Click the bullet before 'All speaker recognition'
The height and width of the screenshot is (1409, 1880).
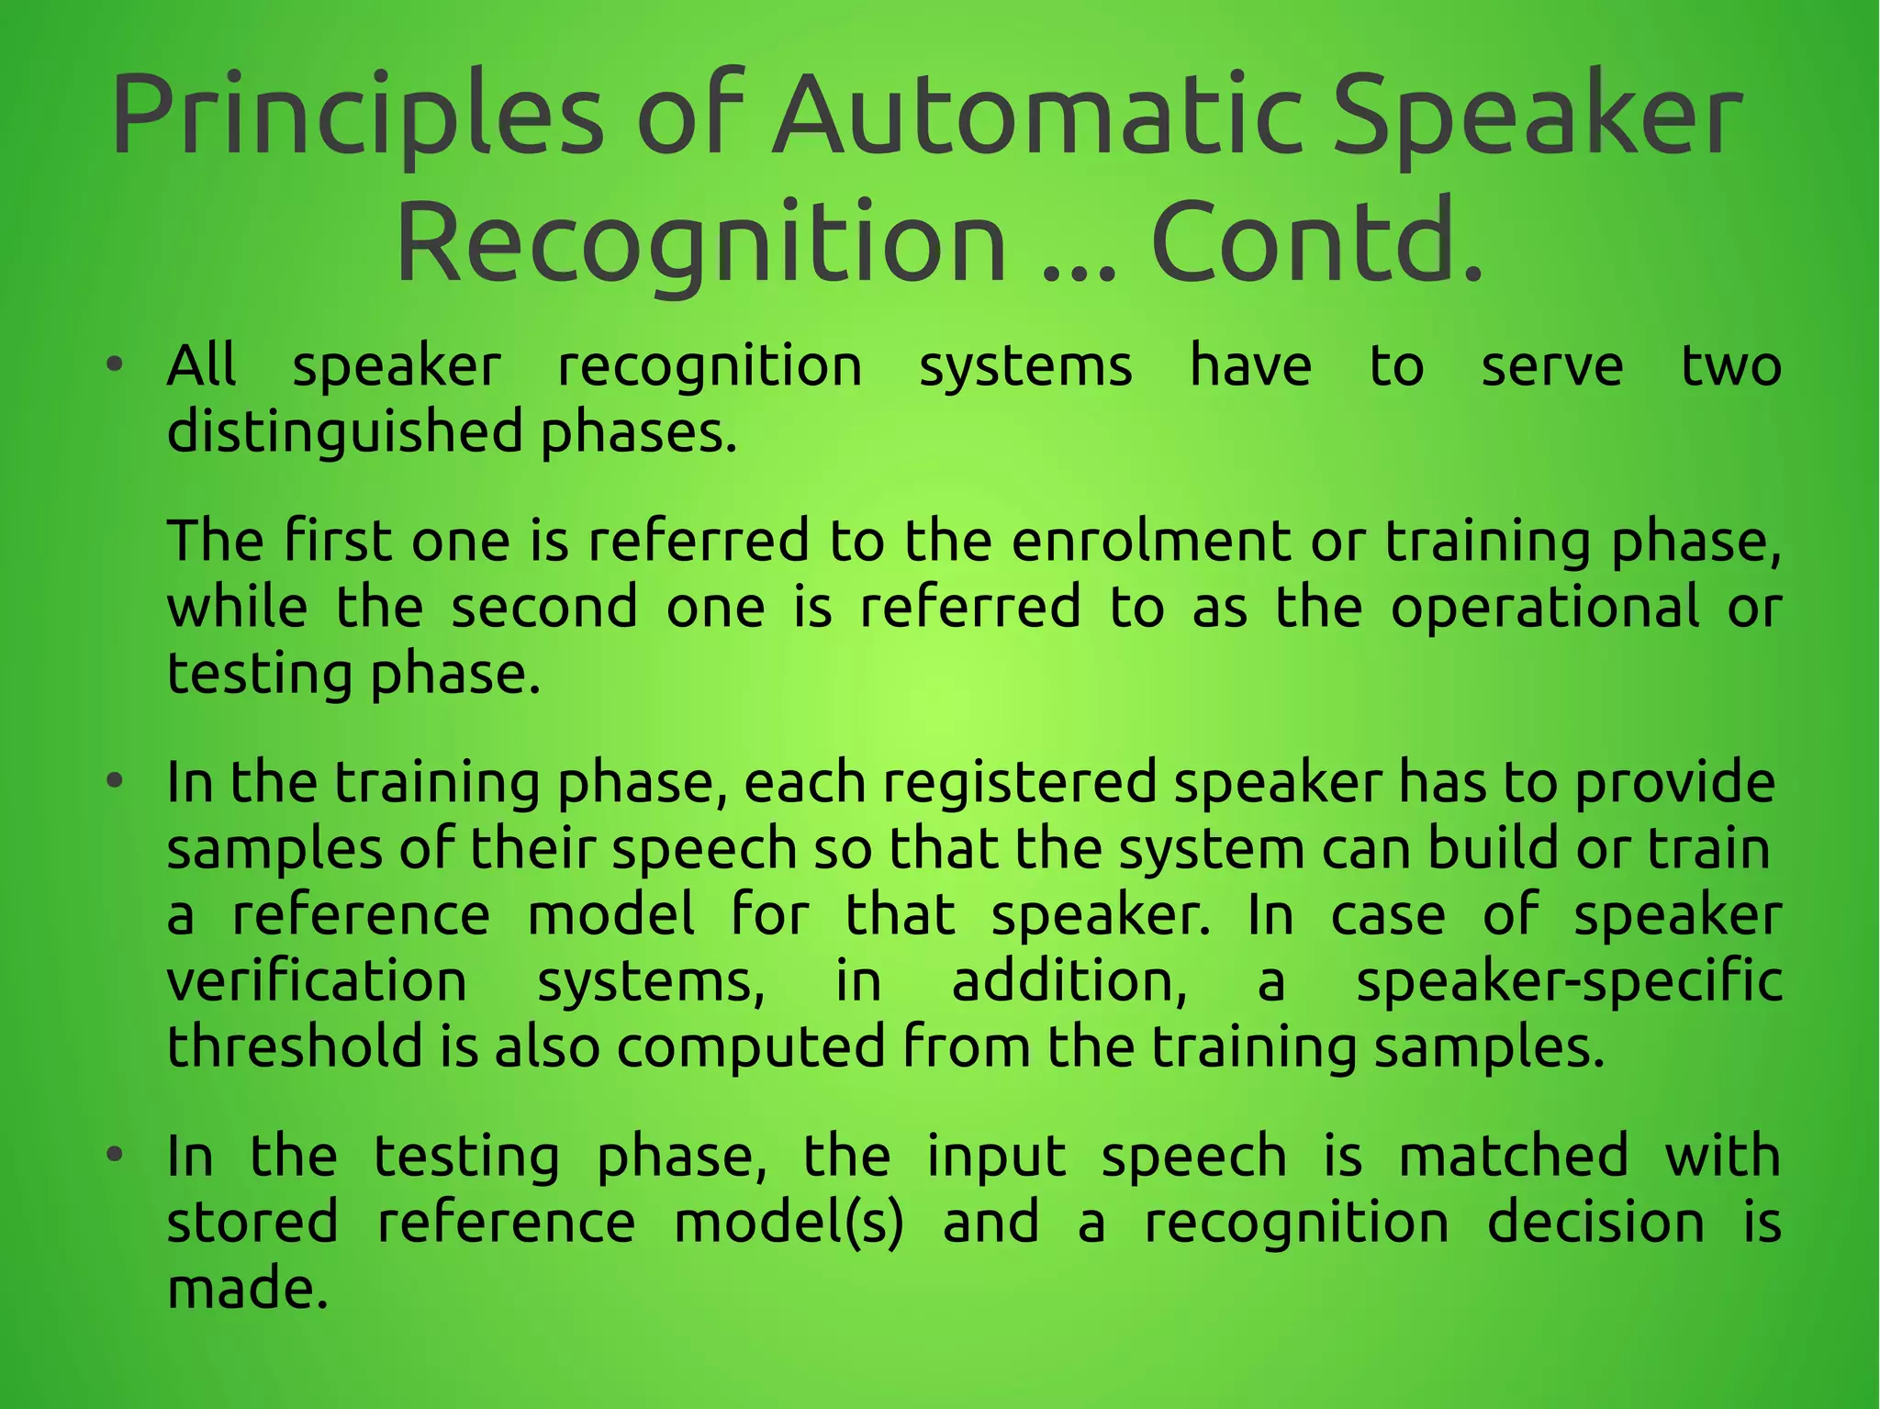tap(114, 365)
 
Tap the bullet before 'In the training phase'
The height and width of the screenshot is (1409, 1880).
tap(114, 782)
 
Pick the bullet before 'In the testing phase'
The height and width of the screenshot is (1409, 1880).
tap(114, 1156)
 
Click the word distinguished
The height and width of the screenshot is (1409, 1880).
tap(344, 432)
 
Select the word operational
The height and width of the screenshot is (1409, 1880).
tap(1544, 608)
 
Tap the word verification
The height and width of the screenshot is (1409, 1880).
tap(317, 980)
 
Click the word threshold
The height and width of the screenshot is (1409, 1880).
tap(294, 1046)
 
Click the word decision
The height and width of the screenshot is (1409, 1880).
tap(1595, 1222)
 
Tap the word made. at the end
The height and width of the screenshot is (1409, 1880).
tap(247, 1288)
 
